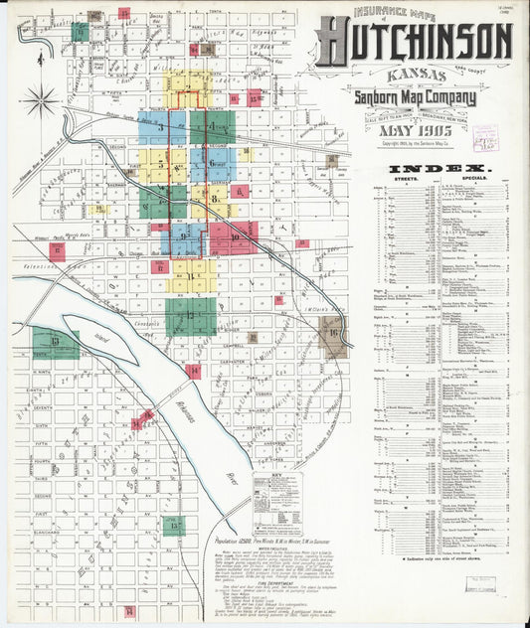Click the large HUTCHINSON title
tap(415, 42)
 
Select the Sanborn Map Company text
tap(415, 97)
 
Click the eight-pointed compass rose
tap(40, 100)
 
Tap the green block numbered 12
tap(190, 316)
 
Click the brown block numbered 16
tap(334, 335)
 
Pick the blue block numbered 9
tap(185, 238)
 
